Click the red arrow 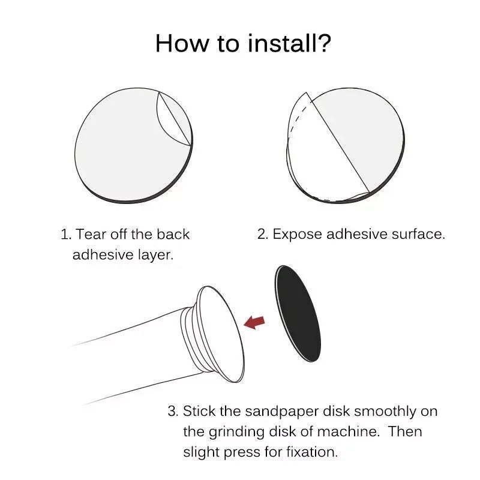pos(254,322)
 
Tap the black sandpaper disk pos(298,313)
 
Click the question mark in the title pos(323,43)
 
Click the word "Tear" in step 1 pos(91,235)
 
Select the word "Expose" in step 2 pos(297,235)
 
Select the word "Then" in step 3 pos(406,431)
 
